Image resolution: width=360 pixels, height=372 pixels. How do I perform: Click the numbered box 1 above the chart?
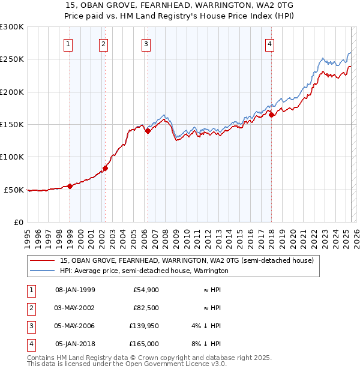click(x=68, y=44)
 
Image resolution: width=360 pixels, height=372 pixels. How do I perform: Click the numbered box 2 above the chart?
click(x=104, y=44)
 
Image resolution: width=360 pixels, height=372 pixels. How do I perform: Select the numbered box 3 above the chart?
click(x=146, y=44)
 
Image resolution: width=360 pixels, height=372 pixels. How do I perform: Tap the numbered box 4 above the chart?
click(x=270, y=44)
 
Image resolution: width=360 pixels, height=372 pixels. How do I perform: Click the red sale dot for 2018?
click(x=271, y=115)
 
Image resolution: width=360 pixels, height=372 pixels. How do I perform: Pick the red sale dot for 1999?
click(x=70, y=186)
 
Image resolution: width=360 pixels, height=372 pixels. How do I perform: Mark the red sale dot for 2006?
click(x=148, y=131)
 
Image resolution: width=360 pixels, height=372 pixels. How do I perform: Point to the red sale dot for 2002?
click(x=105, y=168)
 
